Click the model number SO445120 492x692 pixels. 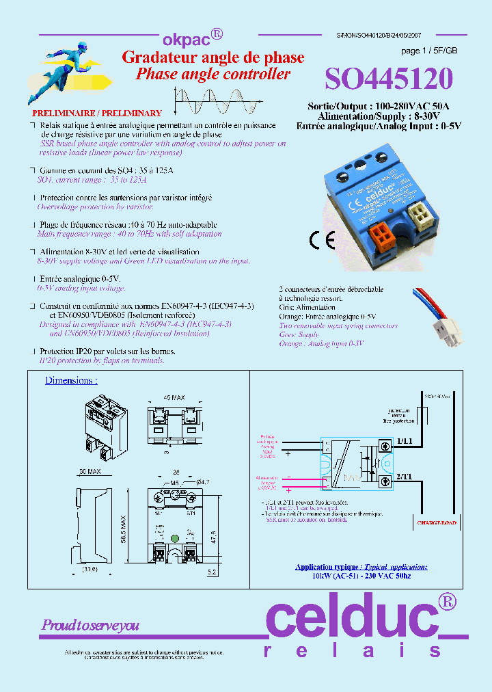388,80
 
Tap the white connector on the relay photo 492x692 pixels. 418,216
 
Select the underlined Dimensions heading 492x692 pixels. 71,381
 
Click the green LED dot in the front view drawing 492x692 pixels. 174,538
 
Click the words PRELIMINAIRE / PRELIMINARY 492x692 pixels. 97,113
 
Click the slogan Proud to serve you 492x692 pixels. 90,625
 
